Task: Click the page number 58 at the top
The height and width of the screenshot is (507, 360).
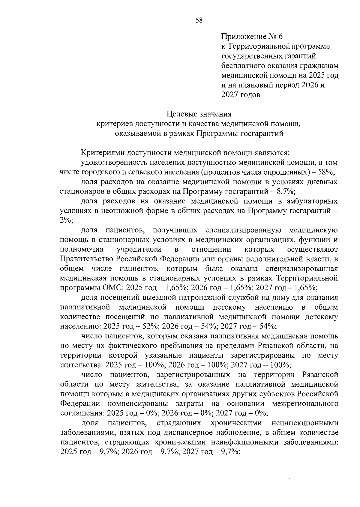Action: tap(199, 20)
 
